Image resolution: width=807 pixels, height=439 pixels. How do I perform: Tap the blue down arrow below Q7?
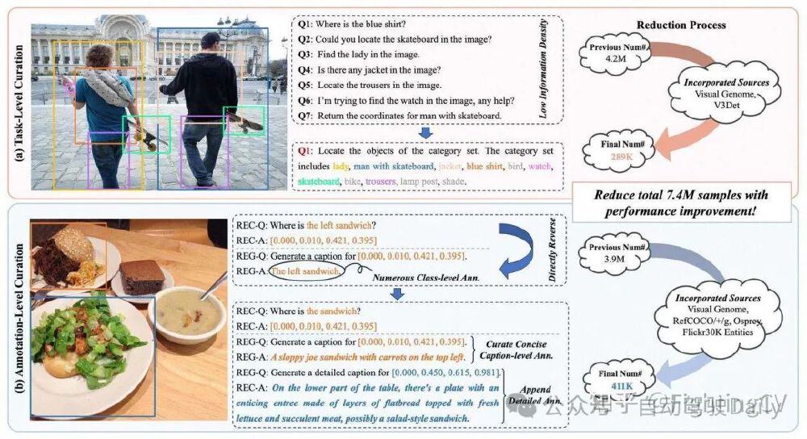coord(418,132)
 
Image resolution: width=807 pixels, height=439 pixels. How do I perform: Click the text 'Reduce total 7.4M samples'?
coord(680,195)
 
